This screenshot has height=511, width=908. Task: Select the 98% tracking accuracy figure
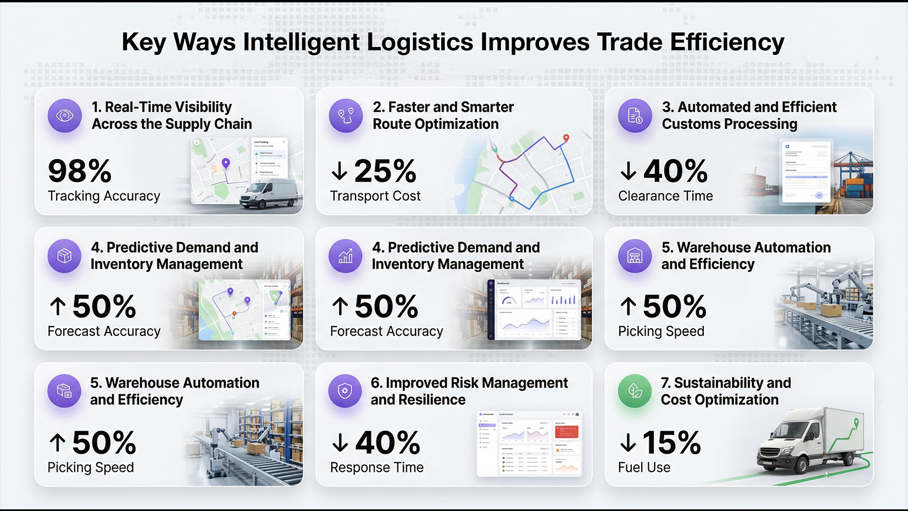click(x=80, y=171)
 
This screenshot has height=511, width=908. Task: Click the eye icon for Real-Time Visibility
click(x=65, y=116)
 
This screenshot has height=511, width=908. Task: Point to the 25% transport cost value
click(x=385, y=171)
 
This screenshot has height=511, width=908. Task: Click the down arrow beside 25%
click(x=340, y=171)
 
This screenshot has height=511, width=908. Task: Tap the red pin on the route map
click(x=566, y=138)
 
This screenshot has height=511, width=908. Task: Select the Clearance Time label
click(x=665, y=196)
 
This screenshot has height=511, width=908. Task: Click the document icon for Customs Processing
click(x=635, y=116)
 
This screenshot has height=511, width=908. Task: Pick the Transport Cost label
click(x=375, y=196)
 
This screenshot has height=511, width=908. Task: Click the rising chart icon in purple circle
click(x=346, y=256)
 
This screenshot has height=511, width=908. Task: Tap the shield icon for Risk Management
click(x=345, y=392)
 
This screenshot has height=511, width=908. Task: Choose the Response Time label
click(x=377, y=467)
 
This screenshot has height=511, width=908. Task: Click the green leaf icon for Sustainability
click(x=635, y=392)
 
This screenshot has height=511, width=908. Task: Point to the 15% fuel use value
click(x=671, y=443)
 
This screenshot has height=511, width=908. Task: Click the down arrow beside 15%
click(x=628, y=443)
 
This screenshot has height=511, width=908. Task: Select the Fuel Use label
click(x=644, y=467)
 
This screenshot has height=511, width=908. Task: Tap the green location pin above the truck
click(x=856, y=423)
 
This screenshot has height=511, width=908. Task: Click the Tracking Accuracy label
click(x=104, y=196)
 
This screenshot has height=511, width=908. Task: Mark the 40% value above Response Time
click(x=387, y=443)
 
